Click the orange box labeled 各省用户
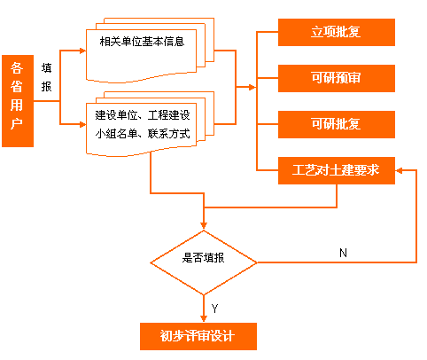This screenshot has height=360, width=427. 18,101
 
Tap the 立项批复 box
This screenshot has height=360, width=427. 337,32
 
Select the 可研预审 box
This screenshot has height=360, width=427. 337,78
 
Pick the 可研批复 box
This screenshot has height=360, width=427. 337,124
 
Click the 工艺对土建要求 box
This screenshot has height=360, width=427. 337,170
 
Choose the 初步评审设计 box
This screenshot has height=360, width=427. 198,336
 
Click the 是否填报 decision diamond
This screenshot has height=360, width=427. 204,262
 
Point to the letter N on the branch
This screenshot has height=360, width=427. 343,253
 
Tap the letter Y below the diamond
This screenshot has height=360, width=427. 214,309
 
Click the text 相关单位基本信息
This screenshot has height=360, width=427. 142,42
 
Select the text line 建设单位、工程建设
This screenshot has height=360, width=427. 143,115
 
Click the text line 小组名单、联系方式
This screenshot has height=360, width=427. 143,134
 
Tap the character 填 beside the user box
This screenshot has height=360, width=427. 46,68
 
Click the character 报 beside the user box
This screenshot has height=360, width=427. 46,87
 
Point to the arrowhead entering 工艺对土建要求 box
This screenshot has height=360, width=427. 399,170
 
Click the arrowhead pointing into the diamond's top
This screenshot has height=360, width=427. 204,226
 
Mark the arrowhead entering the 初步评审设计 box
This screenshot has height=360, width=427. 204,318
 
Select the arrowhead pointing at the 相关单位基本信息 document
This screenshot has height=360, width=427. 82,51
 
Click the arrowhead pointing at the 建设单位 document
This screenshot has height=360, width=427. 82,124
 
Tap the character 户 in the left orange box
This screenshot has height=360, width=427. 17,123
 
